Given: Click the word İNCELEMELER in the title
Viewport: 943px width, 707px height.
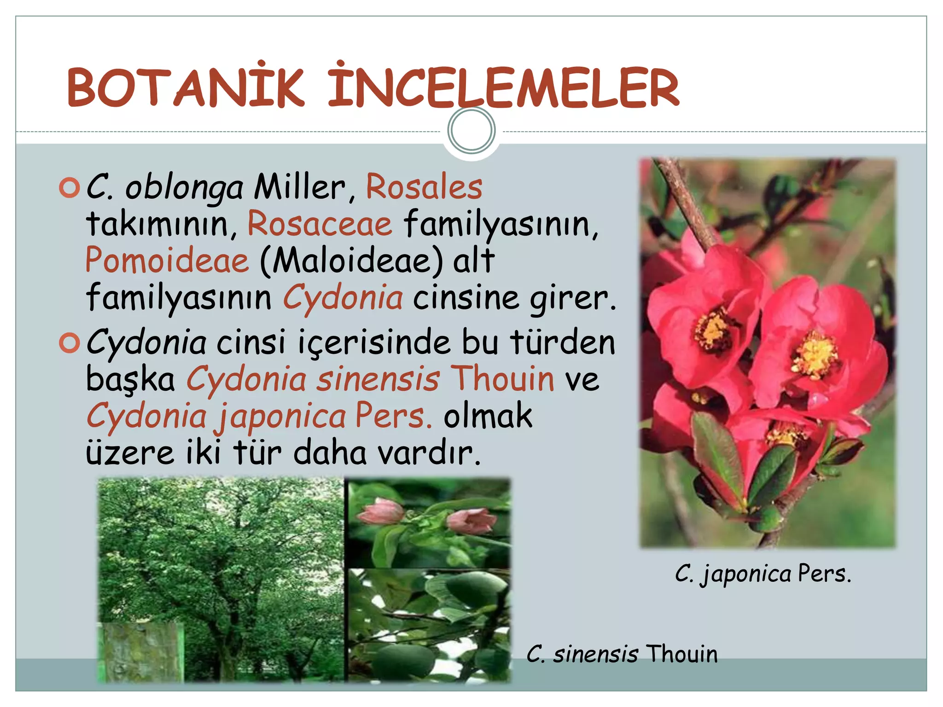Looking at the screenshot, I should point(503,87).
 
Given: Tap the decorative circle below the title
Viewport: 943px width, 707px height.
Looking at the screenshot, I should point(471,130).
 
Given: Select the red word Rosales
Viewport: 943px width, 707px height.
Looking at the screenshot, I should point(424,187).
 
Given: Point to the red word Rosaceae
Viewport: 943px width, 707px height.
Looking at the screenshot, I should point(320,224).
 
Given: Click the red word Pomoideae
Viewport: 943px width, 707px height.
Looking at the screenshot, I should point(167,261).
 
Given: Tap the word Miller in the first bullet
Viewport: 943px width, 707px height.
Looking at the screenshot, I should point(299,187).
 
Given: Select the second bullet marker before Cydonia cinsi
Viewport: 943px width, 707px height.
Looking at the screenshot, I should point(70,343).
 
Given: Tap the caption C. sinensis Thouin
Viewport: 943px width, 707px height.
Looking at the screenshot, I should point(622,654).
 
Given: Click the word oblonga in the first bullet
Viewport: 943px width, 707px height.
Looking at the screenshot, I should point(184,188).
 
